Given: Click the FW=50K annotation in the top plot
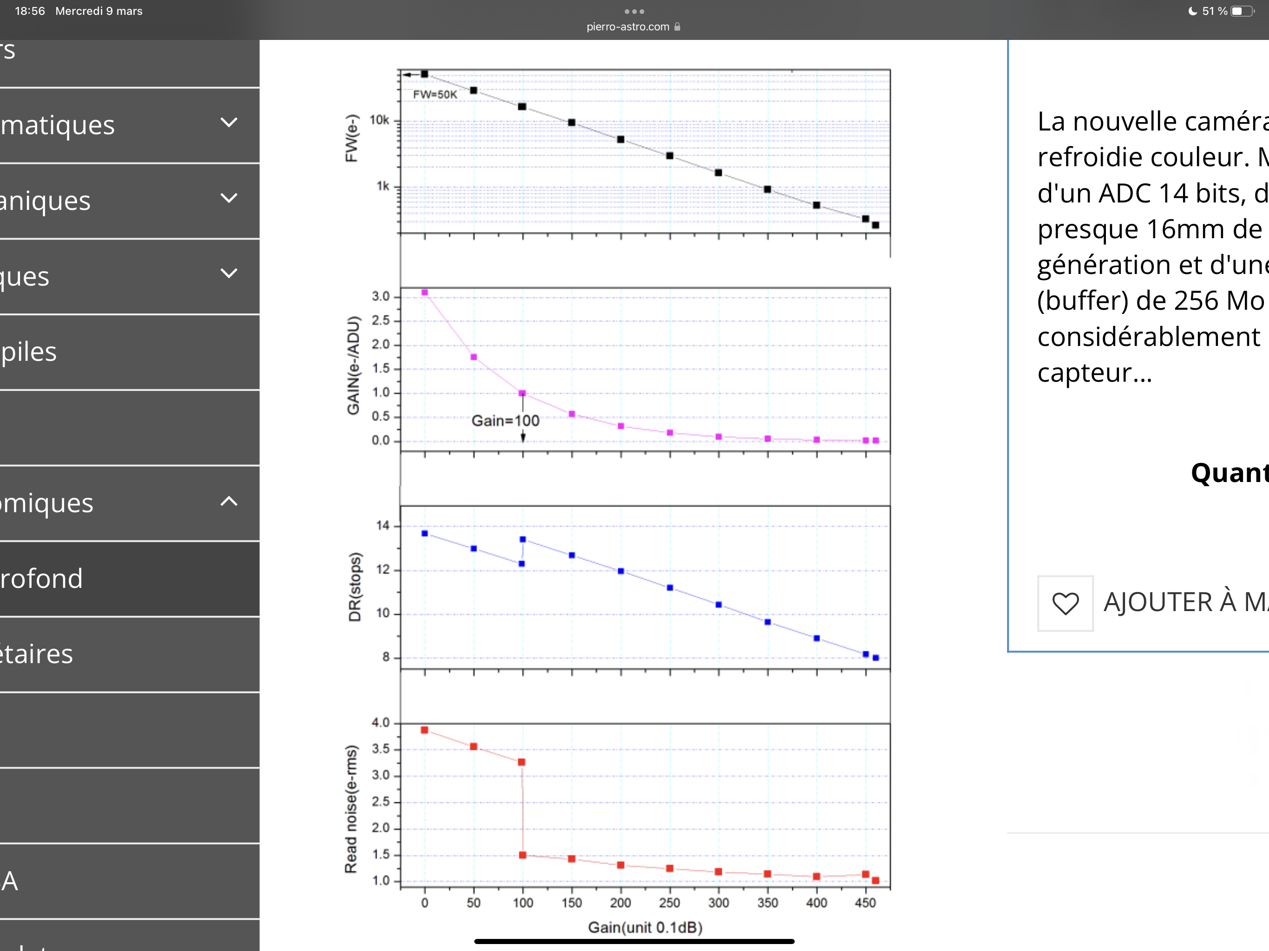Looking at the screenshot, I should pos(435,95).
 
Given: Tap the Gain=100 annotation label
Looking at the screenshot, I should pos(505,420).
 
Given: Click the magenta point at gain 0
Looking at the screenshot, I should pos(425,293).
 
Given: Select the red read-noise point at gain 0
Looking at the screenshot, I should pos(425,730).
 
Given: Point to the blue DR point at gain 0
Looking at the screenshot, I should pos(425,534).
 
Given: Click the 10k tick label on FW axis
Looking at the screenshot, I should pos(379,120).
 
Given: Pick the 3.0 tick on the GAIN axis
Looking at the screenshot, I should pos(380,297).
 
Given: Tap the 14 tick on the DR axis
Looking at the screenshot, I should pos(383,525).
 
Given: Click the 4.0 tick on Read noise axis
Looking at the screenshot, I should pos(380,723).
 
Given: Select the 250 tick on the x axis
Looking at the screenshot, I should pos(669,903).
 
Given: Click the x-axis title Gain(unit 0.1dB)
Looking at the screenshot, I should pos(645,927).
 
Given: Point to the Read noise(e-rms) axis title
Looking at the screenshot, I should pos(351,809).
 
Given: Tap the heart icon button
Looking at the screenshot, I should pos(1066,603).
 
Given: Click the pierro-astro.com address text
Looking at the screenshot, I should pos(628,27).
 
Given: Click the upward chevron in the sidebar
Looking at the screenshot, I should pos(229,502).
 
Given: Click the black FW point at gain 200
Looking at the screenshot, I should pos(621,139).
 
